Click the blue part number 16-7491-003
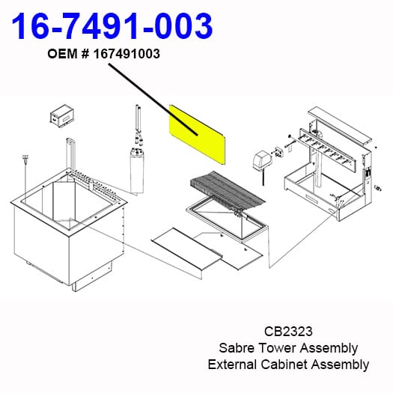point(112,26)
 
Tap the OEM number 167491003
point(127,54)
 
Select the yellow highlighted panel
point(198,135)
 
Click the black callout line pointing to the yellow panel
point(153,100)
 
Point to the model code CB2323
point(288,331)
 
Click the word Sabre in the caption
point(237,348)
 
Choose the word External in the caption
point(232,364)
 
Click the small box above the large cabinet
point(62,117)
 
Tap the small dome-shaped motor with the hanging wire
point(261,161)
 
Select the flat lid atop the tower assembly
point(340,125)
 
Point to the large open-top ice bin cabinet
point(69,229)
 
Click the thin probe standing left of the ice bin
point(25,175)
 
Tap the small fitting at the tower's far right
point(378,188)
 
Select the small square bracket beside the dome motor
point(279,151)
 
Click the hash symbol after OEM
point(85,54)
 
